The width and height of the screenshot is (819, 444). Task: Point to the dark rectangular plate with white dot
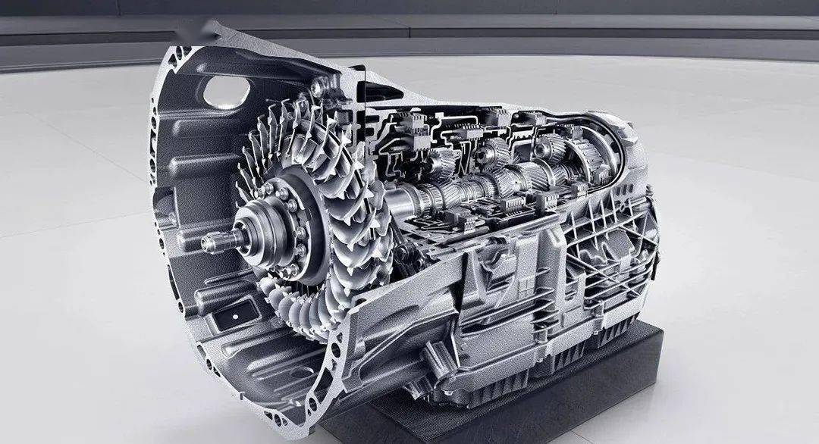234,314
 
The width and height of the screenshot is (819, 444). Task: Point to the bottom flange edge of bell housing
265,394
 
